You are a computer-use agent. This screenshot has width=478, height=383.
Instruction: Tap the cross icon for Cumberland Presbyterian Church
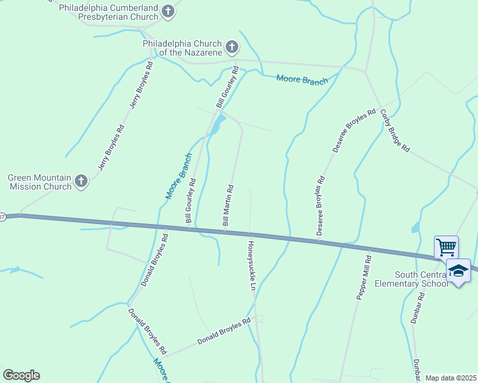pyautogui.click(x=167, y=11)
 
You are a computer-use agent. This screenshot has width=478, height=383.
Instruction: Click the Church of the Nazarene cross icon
pyautogui.click(x=231, y=47)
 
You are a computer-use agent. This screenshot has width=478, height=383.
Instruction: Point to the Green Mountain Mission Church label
pyautogui.click(x=39, y=183)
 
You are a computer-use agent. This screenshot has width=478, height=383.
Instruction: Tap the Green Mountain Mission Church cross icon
pyautogui.click(x=81, y=182)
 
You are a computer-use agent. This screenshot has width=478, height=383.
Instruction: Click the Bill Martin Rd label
pyautogui.click(x=228, y=206)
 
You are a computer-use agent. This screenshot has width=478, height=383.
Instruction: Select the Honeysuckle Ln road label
pyautogui.click(x=251, y=263)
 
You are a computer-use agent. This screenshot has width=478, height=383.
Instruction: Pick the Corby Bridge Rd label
pyautogui.click(x=394, y=131)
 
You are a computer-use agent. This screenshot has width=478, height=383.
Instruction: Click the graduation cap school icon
pyautogui.click(x=458, y=272)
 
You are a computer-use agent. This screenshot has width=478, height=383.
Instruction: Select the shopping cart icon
pyautogui.click(x=446, y=246)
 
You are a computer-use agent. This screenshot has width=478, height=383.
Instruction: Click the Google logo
pyautogui.click(x=21, y=375)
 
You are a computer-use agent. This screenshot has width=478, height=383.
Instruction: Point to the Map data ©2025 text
pyautogui.click(x=451, y=378)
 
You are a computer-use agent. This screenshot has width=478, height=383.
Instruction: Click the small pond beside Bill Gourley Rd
pyautogui.click(x=218, y=122)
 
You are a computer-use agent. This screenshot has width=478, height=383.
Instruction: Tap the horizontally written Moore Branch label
pyautogui.click(x=302, y=80)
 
